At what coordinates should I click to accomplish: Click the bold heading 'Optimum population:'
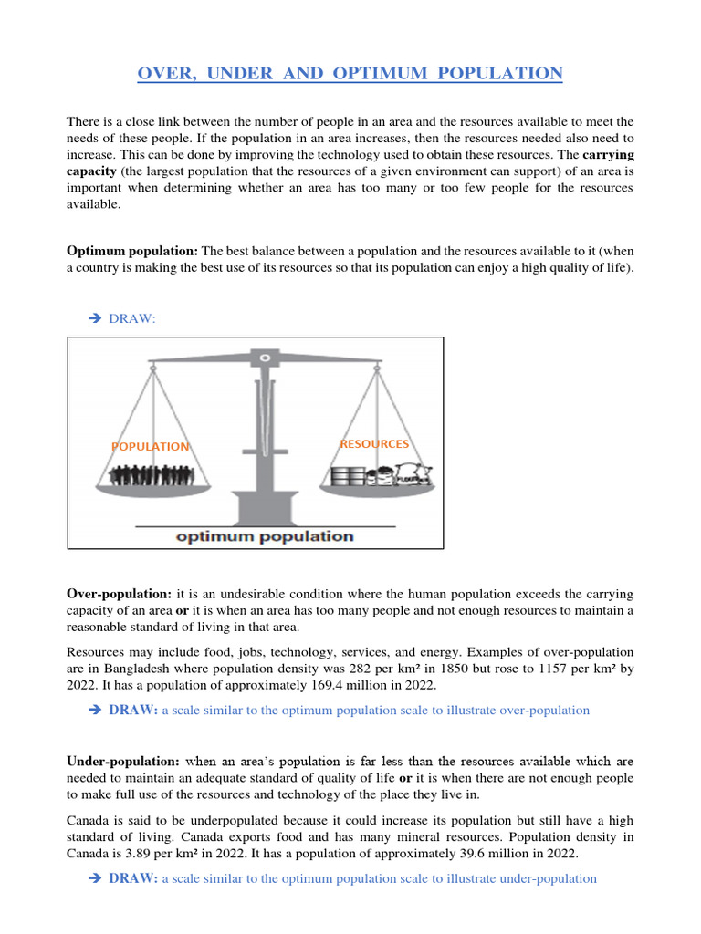click(x=132, y=251)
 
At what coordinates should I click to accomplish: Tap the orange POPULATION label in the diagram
click(x=151, y=446)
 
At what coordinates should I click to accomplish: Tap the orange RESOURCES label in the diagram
click(x=374, y=444)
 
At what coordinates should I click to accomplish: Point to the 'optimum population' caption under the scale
click(x=265, y=536)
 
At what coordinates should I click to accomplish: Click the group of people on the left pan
click(x=151, y=476)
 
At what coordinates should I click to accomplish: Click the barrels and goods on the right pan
click(x=379, y=475)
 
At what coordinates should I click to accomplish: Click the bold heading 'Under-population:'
click(x=123, y=761)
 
